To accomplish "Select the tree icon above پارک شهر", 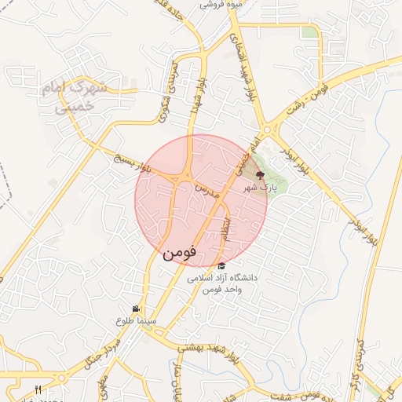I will click(261, 175).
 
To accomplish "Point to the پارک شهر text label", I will click(260, 188).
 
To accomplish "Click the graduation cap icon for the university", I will click(221, 265).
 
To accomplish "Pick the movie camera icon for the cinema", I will click(136, 308).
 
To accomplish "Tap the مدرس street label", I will click(204, 190).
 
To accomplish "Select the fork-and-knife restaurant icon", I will click(38, 390).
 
